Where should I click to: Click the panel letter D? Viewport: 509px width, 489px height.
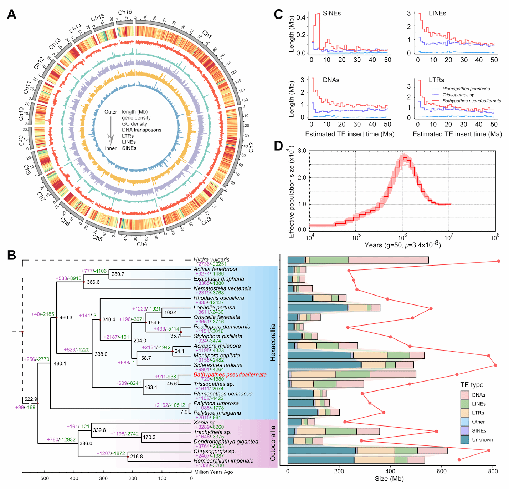coord(278,146)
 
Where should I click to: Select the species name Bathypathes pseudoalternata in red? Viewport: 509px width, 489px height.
coord(230,374)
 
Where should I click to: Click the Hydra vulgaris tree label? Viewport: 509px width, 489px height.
coord(211,259)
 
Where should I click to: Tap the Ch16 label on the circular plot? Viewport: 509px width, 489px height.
coord(125,12)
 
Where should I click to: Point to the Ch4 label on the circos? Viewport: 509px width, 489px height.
coord(142,244)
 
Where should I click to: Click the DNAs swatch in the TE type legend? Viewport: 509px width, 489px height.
coord(464,395)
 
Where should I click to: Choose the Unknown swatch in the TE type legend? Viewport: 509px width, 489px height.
coord(464,440)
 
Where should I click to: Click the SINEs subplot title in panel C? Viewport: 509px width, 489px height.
coord(331,13)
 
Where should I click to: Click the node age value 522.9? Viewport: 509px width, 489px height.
coord(31,399)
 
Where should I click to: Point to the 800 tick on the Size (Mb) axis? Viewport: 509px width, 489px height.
coord(493,471)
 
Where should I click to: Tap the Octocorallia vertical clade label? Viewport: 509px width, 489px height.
coord(273,443)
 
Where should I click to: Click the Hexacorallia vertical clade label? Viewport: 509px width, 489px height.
coord(273,342)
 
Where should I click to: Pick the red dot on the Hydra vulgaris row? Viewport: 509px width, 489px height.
coord(498,261)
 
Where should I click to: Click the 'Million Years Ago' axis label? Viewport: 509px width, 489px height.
coord(214,472)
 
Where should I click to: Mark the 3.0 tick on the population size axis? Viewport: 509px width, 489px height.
coord(302,151)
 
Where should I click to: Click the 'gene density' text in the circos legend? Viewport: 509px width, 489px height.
coord(136,118)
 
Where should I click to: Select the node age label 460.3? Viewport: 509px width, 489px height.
coord(66,317)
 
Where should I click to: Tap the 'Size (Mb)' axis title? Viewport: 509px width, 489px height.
coord(389,479)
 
